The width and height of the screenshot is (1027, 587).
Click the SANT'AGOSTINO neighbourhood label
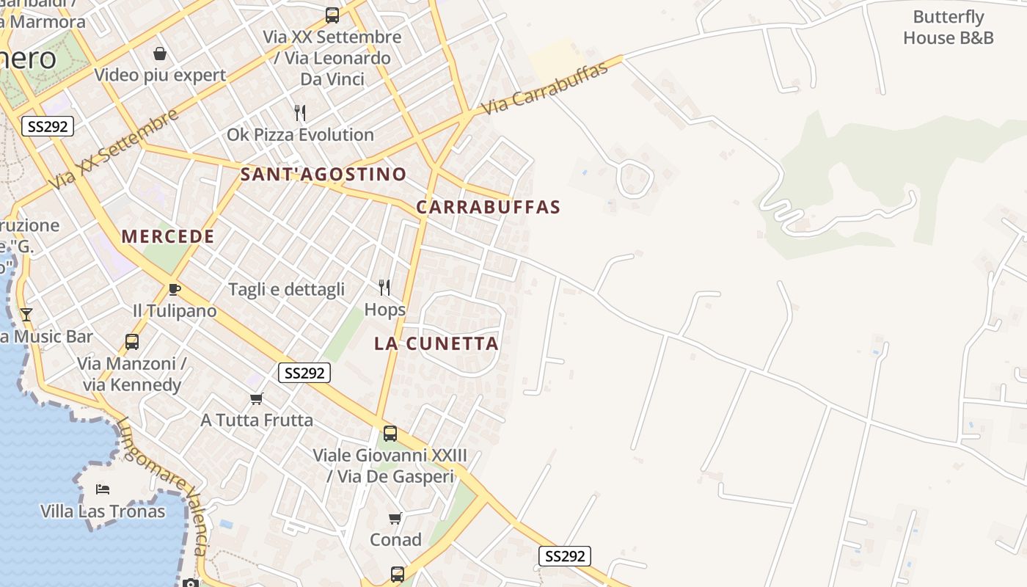324,174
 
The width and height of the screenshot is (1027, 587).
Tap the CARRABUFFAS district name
488,207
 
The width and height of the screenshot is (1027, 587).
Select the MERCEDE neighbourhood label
168,236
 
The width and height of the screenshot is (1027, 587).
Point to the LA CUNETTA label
436,343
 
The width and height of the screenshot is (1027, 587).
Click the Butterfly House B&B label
948,27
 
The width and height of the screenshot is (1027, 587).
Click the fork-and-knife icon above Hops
384,287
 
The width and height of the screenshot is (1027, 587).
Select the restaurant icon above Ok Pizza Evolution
300,113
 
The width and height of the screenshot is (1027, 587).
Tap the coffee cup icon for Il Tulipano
175,289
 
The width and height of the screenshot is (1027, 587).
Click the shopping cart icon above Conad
395,519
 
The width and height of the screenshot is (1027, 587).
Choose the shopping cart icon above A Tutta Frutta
256,398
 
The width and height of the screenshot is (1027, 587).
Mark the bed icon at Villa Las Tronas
103,489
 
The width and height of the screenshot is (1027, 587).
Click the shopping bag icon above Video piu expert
160,54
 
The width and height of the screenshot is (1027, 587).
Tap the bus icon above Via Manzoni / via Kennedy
132,342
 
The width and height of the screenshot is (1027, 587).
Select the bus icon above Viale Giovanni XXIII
390,434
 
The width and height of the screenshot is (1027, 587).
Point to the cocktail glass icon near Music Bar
26,315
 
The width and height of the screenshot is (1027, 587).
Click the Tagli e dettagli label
286,289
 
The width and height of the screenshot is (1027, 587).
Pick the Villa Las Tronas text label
103,511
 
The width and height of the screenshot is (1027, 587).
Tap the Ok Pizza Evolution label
300,134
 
